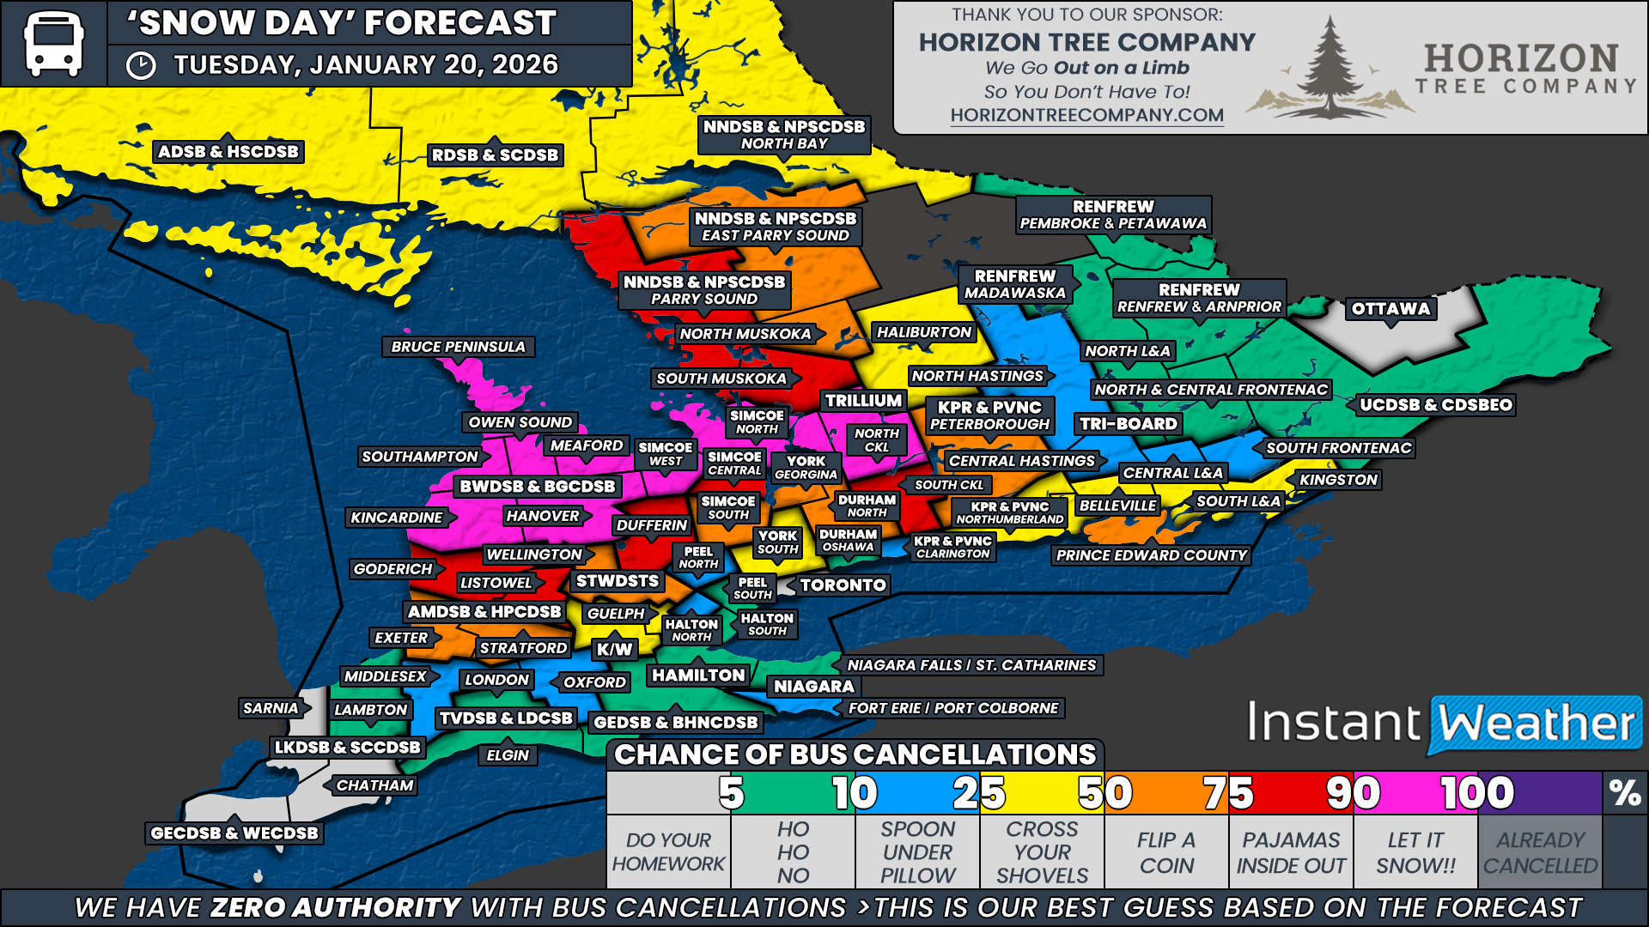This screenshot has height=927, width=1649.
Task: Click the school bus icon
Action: tap(53, 43)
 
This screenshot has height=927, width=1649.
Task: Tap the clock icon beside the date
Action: tap(141, 66)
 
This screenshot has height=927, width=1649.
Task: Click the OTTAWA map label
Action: tap(1390, 309)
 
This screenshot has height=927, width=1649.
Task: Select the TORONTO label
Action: tap(843, 585)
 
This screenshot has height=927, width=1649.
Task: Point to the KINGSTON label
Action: tap(1338, 480)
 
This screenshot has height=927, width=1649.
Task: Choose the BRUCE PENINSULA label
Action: tap(458, 347)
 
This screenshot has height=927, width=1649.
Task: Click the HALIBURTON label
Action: tap(923, 332)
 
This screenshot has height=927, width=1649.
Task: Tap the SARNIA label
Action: tap(271, 708)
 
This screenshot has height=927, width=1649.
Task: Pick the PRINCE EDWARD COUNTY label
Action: tap(1151, 555)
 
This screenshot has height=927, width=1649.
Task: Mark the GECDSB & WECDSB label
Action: tap(234, 833)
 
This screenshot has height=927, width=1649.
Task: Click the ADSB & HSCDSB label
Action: tap(228, 152)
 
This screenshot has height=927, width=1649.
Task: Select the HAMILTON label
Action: tap(698, 676)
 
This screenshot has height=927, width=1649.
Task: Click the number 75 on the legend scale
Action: tap(1228, 793)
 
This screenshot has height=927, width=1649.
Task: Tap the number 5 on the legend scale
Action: tap(731, 793)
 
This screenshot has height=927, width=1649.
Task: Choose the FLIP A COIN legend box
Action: tap(1166, 852)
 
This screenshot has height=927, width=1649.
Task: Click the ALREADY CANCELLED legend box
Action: tap(1540, 852)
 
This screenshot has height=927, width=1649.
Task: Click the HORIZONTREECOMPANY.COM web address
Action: tap(1086, 115)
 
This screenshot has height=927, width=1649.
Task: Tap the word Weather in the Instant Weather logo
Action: tap(1536, 723)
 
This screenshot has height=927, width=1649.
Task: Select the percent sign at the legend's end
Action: tap(1625, 793)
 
